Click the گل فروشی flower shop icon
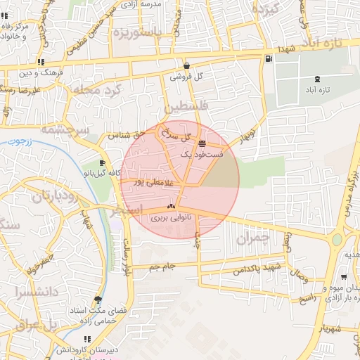pos(186,64)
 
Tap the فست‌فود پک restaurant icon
pos(202,144)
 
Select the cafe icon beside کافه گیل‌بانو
pos(103,163)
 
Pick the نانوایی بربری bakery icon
pos(169,207)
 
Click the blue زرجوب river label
pos(26,141)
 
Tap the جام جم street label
pos(162,266)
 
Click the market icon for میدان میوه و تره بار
pos(343,277)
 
